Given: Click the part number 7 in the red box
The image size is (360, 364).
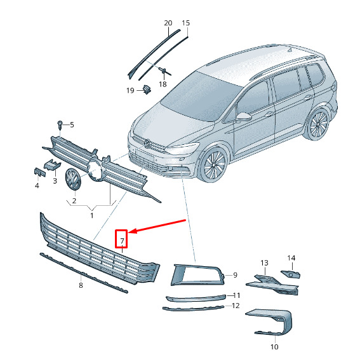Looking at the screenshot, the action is (123, 241).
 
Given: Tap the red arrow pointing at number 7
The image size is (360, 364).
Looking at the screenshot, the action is (157, 226).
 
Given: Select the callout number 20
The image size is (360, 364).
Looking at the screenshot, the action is (168, 23).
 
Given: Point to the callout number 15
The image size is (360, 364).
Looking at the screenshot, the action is (186, 23).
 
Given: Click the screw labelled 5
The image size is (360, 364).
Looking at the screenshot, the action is (60, 125).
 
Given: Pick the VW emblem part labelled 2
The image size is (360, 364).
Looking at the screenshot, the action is (73, 179).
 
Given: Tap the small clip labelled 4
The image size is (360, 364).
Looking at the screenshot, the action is (39, 172).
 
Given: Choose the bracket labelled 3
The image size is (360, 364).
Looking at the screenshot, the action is (53, 165).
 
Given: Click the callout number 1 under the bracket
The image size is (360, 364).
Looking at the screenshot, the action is (92, 215).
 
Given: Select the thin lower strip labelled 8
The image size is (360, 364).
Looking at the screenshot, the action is (84, 273).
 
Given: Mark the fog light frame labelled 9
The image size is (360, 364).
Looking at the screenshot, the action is (198, 275).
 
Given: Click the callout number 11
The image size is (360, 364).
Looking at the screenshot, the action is (236, 295).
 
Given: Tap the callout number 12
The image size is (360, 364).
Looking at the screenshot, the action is (236, 306).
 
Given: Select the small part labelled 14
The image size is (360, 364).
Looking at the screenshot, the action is (290, 274).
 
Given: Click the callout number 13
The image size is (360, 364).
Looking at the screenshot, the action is (264, 263).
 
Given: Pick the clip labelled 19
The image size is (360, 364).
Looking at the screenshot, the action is (147, 90).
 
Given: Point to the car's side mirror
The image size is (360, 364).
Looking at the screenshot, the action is (244, 116).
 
